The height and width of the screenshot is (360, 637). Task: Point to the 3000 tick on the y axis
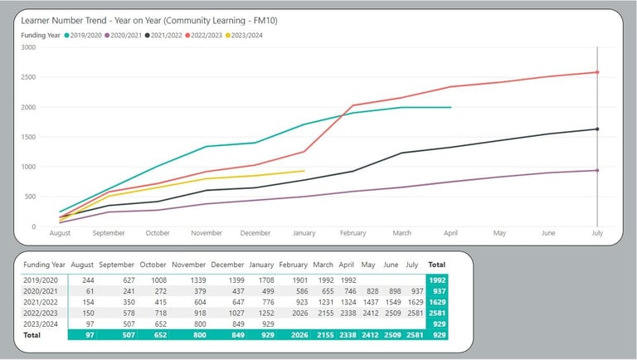pyautogui.click(x=28, y=47)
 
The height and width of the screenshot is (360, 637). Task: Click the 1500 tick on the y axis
pyautogui.click(x=28, y=137)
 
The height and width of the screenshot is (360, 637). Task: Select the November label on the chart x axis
pyautogui.click(x=207, y=234)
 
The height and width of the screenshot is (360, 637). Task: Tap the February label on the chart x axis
pyautogui.click(x=353, y=234)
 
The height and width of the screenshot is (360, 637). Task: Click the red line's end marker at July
pyautogui.click(x=597, y=72)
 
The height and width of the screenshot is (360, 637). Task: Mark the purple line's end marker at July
pyautogui.click(x=597, y=170)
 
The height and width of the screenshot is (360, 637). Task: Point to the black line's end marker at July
pyautogui.click(x=597, y=129)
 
